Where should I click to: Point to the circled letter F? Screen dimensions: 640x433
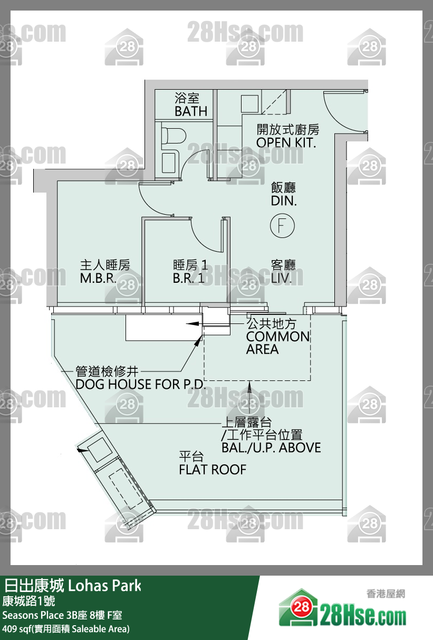[x=282, y=225]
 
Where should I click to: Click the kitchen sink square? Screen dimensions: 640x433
[x=249, y=103]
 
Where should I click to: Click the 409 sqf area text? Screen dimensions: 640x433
[x=66, y=628]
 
